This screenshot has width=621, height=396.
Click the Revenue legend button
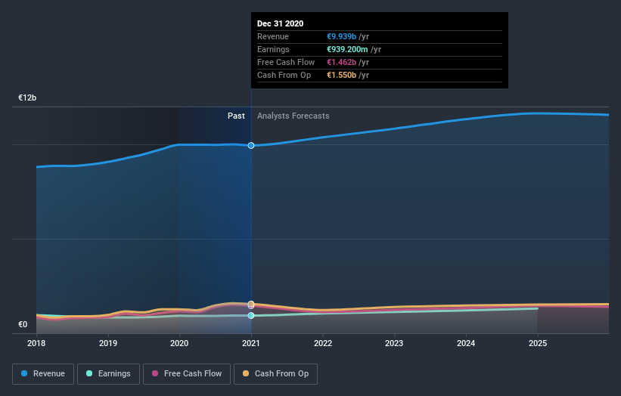click(43, 373)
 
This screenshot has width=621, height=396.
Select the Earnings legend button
click(108, 373)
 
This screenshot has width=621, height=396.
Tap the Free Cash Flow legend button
click(186, 373)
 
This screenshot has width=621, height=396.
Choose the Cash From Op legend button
click(275, 373)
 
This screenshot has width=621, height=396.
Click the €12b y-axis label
click(28, 98)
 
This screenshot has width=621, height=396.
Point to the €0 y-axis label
click(23, 325)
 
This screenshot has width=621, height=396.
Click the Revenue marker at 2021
click(251, 145)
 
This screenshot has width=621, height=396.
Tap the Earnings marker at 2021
click(251, 315)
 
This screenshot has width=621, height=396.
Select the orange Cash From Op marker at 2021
click(251, 305)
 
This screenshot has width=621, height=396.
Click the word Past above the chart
click(236, 116)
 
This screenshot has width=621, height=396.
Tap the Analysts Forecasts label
click(293, 116)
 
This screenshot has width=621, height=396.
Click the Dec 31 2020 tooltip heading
click(280, 23)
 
